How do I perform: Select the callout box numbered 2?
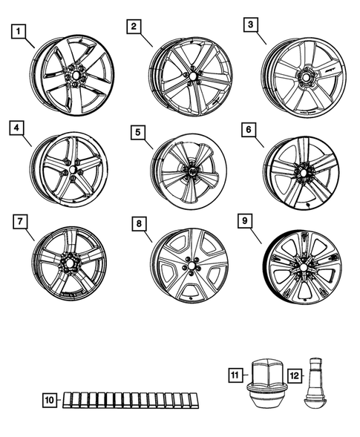click(134, 27)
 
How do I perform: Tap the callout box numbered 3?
click(252, 26)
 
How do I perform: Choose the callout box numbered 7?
click(19, 222)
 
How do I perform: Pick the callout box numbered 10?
click(50, 401)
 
